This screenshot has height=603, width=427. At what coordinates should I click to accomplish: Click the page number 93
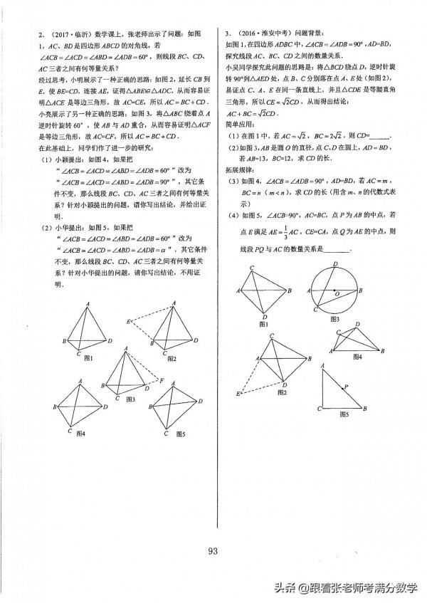pyautogui.click(x=213, y=550)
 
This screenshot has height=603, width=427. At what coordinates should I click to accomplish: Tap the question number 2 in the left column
pyautogui.click(x=23, y=33)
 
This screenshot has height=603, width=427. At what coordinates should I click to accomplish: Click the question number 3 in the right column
pyautogui.click(x=226, y=33)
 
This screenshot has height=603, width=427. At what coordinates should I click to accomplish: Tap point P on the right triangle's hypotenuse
pyautogui.click(x=347, y=387)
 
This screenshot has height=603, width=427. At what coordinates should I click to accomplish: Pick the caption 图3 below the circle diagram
pyautogui.click(x=333, y=319)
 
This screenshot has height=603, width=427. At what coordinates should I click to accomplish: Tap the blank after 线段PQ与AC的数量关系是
pyautogui.click(x=337, y=248)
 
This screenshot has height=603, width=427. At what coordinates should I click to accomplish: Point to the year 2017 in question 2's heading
pyautogui.click(x=40, y=34)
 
